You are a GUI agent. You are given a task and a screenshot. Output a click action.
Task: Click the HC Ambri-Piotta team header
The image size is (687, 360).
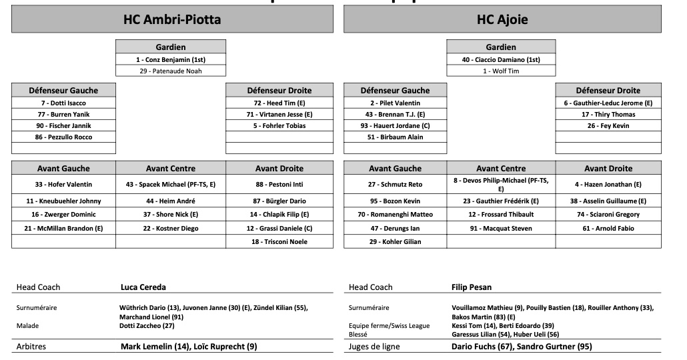(172, 19)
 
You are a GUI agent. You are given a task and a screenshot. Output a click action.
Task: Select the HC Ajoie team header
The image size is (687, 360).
(502, 19)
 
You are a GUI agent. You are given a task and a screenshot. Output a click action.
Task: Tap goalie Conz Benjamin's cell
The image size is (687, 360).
(171, 59)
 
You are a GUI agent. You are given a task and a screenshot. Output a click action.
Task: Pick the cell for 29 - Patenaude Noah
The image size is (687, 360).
(171, 71)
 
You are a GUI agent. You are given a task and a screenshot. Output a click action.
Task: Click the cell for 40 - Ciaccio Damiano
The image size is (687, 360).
(501, 59)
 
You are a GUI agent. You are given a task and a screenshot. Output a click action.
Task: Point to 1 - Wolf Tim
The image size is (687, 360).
(501, 71)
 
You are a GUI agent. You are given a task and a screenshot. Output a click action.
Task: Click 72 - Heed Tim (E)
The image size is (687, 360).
(279, 103)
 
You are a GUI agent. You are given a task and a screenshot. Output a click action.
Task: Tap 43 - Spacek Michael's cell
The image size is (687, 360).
(171, 184)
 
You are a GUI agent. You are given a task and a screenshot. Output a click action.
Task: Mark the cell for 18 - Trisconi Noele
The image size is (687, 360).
(279, 241)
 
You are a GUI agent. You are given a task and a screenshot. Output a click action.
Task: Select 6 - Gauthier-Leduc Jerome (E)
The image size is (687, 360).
(608, 103)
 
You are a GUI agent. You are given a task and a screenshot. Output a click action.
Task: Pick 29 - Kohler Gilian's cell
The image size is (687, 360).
(395, 241)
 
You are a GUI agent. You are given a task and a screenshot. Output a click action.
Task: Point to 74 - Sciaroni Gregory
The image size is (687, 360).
(608, 215)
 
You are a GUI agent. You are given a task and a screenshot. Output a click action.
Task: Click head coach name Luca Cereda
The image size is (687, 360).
(143, 287)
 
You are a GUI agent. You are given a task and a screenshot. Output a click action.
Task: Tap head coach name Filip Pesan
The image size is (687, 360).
(471, 287)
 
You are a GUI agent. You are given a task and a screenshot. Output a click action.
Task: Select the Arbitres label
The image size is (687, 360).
(31, 347)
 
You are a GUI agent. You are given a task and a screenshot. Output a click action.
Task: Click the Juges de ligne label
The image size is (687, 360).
(374, 347)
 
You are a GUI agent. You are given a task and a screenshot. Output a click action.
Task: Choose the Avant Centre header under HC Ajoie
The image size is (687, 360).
(501, 169)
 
